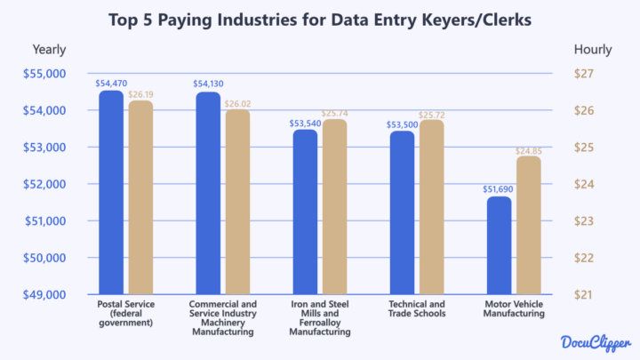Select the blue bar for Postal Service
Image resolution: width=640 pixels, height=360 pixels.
click(x=111, y=192)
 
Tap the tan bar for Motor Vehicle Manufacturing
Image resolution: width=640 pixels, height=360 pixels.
click(x=528, y=226)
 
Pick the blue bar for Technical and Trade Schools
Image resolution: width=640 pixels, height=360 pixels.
click(x=402, y=212)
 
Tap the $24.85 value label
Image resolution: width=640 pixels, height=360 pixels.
click(x=529, y=151)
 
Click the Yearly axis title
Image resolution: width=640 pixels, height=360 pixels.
click(x=49, y=50)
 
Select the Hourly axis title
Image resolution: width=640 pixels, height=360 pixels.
click(x=592, y=50)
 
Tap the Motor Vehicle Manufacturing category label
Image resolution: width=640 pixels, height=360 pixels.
click(x=514, y=309)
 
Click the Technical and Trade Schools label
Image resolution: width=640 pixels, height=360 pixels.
click(x=416, y=309)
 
